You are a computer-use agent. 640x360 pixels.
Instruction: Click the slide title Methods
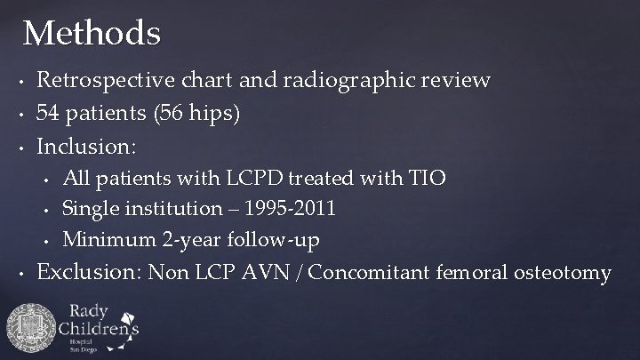tap(92, 34)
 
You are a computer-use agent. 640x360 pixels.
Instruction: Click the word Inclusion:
tap(85, 145)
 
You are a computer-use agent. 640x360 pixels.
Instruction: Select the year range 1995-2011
tap(287, 209)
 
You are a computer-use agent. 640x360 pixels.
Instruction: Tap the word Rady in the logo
tap(91, 312)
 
